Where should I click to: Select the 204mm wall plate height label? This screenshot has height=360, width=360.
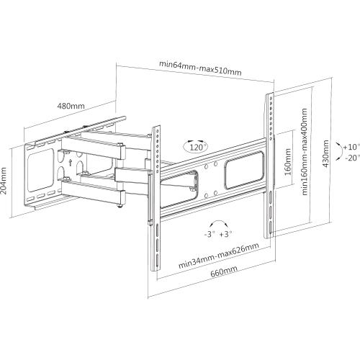click(6, 184)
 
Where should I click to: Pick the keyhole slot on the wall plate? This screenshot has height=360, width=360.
click(69, 162)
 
